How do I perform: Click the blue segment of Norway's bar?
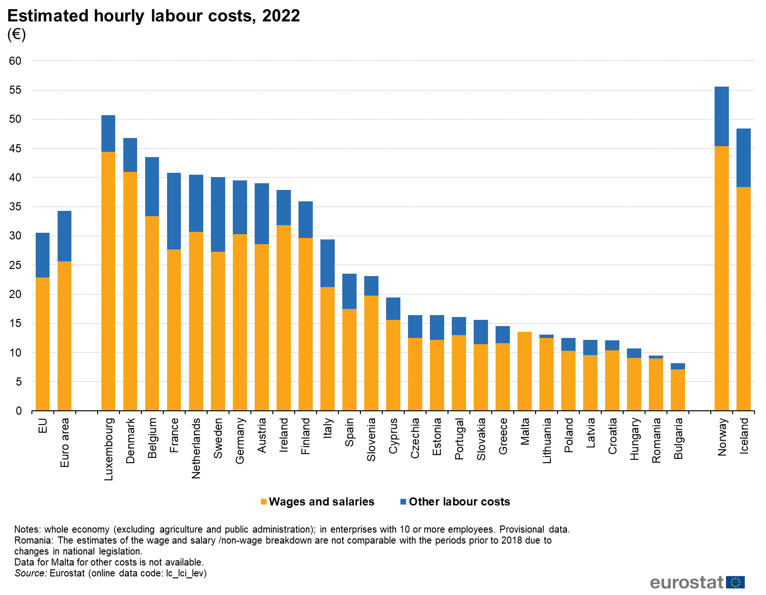721,117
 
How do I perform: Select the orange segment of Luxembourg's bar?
108,281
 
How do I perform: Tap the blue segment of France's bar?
174,211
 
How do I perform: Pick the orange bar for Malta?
524,371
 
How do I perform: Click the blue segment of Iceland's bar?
743,158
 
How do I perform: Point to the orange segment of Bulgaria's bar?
677,390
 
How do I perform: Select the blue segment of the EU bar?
42,255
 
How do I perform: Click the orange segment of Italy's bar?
327,348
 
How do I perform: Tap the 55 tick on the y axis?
15,90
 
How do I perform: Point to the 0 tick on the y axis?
19,411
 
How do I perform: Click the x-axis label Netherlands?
196,448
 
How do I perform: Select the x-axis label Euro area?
65,442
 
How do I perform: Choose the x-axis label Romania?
656,440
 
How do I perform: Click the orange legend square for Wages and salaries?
264,502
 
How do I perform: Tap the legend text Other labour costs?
459,502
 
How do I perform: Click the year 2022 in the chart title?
281,16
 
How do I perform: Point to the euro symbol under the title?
16,34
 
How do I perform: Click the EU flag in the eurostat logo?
735,582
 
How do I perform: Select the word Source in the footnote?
30,573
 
